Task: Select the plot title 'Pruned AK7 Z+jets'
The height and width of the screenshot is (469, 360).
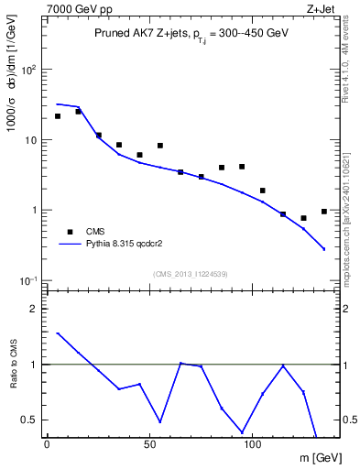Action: [x=139, y=33]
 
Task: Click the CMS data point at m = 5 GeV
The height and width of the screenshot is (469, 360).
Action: [x=57, y=116]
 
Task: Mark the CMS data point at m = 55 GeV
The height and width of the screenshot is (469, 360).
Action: [x=159, y=146]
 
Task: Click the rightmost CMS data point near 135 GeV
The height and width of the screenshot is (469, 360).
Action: [x=323, y=212]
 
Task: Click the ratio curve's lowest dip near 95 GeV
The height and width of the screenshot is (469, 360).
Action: [x=242, y=431]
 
